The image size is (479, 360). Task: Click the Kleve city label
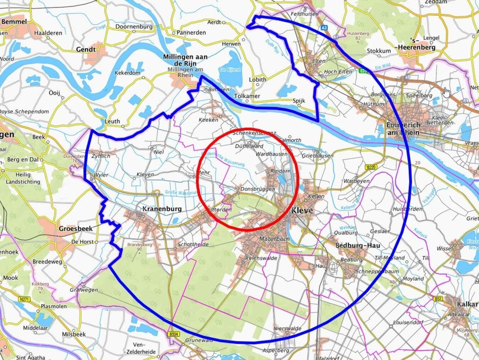click(x=302, y=211)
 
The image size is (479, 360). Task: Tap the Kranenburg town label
click(x=162, y=209)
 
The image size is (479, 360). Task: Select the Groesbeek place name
click(x=76, y=229)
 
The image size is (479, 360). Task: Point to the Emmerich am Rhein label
click(x=403, y=129)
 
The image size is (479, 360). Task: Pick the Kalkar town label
click(x=467, y=304)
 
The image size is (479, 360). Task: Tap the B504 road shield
click(x=174, y=334)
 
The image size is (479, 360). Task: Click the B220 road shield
click(x=371, y=167)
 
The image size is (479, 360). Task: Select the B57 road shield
click(x=438, y=299)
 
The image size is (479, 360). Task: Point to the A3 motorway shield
click(x=324, y=27)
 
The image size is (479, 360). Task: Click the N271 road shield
click(x=24, y=300)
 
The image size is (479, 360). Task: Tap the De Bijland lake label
click(x=230, y=70)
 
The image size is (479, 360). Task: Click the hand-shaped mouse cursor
click(x=446, y=92)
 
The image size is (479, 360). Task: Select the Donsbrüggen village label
click(x=258, y=189)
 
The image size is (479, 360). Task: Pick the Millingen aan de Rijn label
click(x=185, y=60)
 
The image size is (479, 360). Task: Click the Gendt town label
click(x=86, y=49)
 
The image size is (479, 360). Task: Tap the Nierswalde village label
click(x=287, y=328)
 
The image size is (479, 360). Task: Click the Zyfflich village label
click(x=101, y=156)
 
